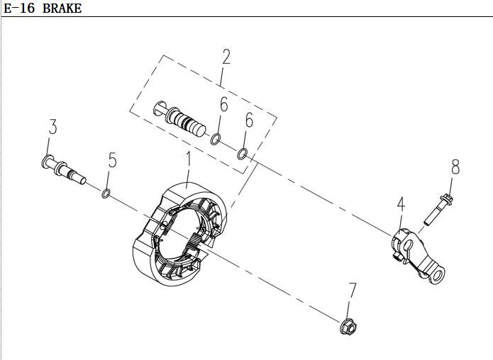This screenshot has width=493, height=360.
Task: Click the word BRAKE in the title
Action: pos(62,9)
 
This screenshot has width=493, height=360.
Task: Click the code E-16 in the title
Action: pos(19,9)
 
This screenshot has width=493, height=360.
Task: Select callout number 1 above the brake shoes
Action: pos(188,162)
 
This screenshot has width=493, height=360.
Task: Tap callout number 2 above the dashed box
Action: pos(226,57)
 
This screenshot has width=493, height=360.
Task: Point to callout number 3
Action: pos(52,127)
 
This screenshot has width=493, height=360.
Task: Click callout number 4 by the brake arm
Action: pos(401,205)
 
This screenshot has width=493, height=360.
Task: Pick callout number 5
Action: pos(112,160)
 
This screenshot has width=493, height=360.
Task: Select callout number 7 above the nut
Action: pos(353,291)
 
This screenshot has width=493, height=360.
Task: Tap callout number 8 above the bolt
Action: pos(455,167)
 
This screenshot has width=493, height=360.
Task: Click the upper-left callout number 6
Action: pos(223,104)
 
